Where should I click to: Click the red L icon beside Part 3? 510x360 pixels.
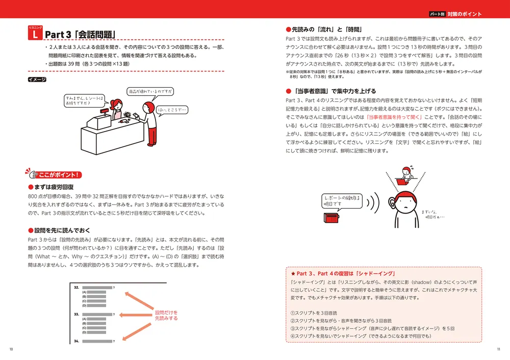pyautogui.click(x=34, y=34)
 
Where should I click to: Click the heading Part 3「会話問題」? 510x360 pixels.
pyautogui.click(x=81, y=34)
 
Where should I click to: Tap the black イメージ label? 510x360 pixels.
pyautogui.click(x=37, y=80)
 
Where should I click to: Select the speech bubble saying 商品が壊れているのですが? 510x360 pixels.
pyautogui.click(x=150, y=92)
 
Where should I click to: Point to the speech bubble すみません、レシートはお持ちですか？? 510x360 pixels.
pyautogui.click(x=85, y=99)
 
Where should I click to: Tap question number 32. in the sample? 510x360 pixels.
pyautogui.click(x=76, y=288)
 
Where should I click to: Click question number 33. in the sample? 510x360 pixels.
pyautogui.click(x=76, y=314)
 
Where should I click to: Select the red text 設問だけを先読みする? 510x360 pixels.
pyautogui.click(x=166, y=315)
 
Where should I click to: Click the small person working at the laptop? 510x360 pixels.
pyautogui.click(x=406, y=174)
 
